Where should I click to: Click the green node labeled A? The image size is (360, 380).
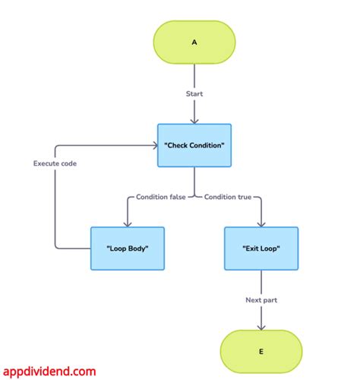click(x=194, y=43)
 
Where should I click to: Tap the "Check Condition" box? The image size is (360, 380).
click(x=194, y=145)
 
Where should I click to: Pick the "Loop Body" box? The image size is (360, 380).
click(x=128, y=249)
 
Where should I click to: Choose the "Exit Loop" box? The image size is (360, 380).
click(x=261, y=249)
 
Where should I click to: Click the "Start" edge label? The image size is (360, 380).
click(x=194, y=94)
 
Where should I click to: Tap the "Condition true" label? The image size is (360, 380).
click(x=227, y=198)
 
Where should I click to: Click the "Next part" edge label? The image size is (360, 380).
click(x=261, y=300)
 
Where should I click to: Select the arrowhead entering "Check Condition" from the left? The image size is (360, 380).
click(x=153, y=145)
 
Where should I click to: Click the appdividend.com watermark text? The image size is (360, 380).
click(x=49, y=372)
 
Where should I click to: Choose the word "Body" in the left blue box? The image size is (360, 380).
click(x=140, y=249)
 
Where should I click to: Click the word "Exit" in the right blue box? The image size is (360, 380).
click(x=251, y=249)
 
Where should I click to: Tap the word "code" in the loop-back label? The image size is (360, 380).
click(x=71, y=163)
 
